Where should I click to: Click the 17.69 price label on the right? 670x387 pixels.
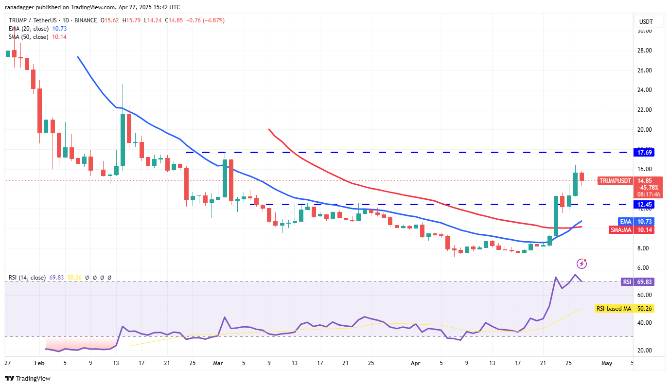[645, 152]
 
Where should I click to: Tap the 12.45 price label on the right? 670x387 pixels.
[645, 205]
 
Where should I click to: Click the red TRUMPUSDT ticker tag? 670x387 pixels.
[615, 181]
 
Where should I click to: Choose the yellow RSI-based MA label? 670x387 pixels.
[613, 309]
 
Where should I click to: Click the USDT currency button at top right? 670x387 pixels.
[645, 22]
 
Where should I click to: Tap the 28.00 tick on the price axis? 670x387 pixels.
[645, 51]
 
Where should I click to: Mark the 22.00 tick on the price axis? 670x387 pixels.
[645, 110]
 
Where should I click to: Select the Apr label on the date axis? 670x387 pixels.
[415, 363]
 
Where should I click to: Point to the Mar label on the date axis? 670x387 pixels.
[217, 363]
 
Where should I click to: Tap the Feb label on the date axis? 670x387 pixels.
[39, 363]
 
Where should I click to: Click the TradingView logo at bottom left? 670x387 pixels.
[28, 378]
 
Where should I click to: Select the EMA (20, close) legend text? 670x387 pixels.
[28, 29]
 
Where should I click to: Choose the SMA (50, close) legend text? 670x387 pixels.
[28, 37]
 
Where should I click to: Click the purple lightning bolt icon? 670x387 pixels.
[582, 264]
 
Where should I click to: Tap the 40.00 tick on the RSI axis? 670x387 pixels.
[645, 323]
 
